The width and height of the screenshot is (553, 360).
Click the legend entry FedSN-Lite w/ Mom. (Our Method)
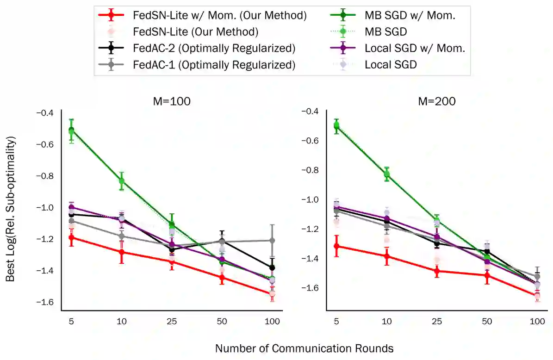coord(219,15)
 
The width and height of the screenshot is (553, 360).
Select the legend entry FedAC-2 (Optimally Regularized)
coord(214,48)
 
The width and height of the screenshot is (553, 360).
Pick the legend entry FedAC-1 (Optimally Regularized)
coord(214,64)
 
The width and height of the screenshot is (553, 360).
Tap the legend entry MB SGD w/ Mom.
coord(410,15)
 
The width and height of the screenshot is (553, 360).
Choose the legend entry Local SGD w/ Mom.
coord(415,48)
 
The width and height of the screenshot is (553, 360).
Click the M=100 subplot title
coord(172,101)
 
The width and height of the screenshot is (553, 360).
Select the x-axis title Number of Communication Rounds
coord(304,348)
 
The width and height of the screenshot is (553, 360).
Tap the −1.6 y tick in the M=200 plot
coord(311,288)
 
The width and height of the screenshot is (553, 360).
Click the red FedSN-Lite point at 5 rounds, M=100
coord(71,237)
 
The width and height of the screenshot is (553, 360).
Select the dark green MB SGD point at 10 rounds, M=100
coord(122,180)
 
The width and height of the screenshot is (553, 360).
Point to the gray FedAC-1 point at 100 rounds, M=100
coord(272,240)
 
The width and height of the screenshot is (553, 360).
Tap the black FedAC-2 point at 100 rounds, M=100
coord(272,267)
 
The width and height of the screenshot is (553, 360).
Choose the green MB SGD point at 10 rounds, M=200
coord(386,174)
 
